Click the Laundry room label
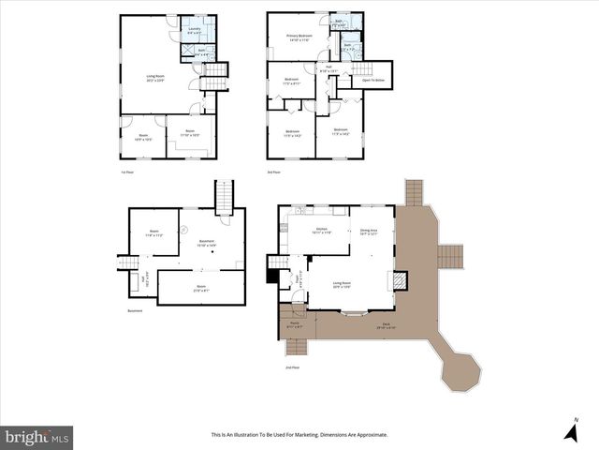click(195, 30)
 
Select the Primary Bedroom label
click(299, 38)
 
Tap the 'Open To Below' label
click(373, 81)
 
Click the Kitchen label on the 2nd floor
click(321, 230)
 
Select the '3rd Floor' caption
click(274, 172)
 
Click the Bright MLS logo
click(37, 436)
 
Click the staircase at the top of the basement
click(223, 197)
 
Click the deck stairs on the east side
click(451, 255)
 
